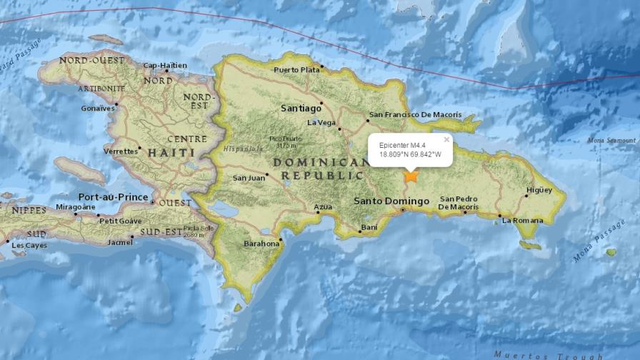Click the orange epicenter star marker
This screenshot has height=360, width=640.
[x=411, y=176]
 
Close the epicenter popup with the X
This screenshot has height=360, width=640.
[x=447, y=140]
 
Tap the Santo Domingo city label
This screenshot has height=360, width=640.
[x=391, y=201]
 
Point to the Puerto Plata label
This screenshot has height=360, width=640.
[x=296, y=69]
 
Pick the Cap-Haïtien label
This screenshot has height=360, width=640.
[x=164, y=66]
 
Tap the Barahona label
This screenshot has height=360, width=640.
[x=261, y=244]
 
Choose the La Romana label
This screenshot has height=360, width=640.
[x=523, y=221]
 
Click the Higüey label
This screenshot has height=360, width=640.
[x=539, y=190]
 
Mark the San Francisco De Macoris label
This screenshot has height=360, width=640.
[x=415, y=115]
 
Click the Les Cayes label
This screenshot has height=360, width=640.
[x=29, y=246]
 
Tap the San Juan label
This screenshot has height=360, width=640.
[x=248, y=179]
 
